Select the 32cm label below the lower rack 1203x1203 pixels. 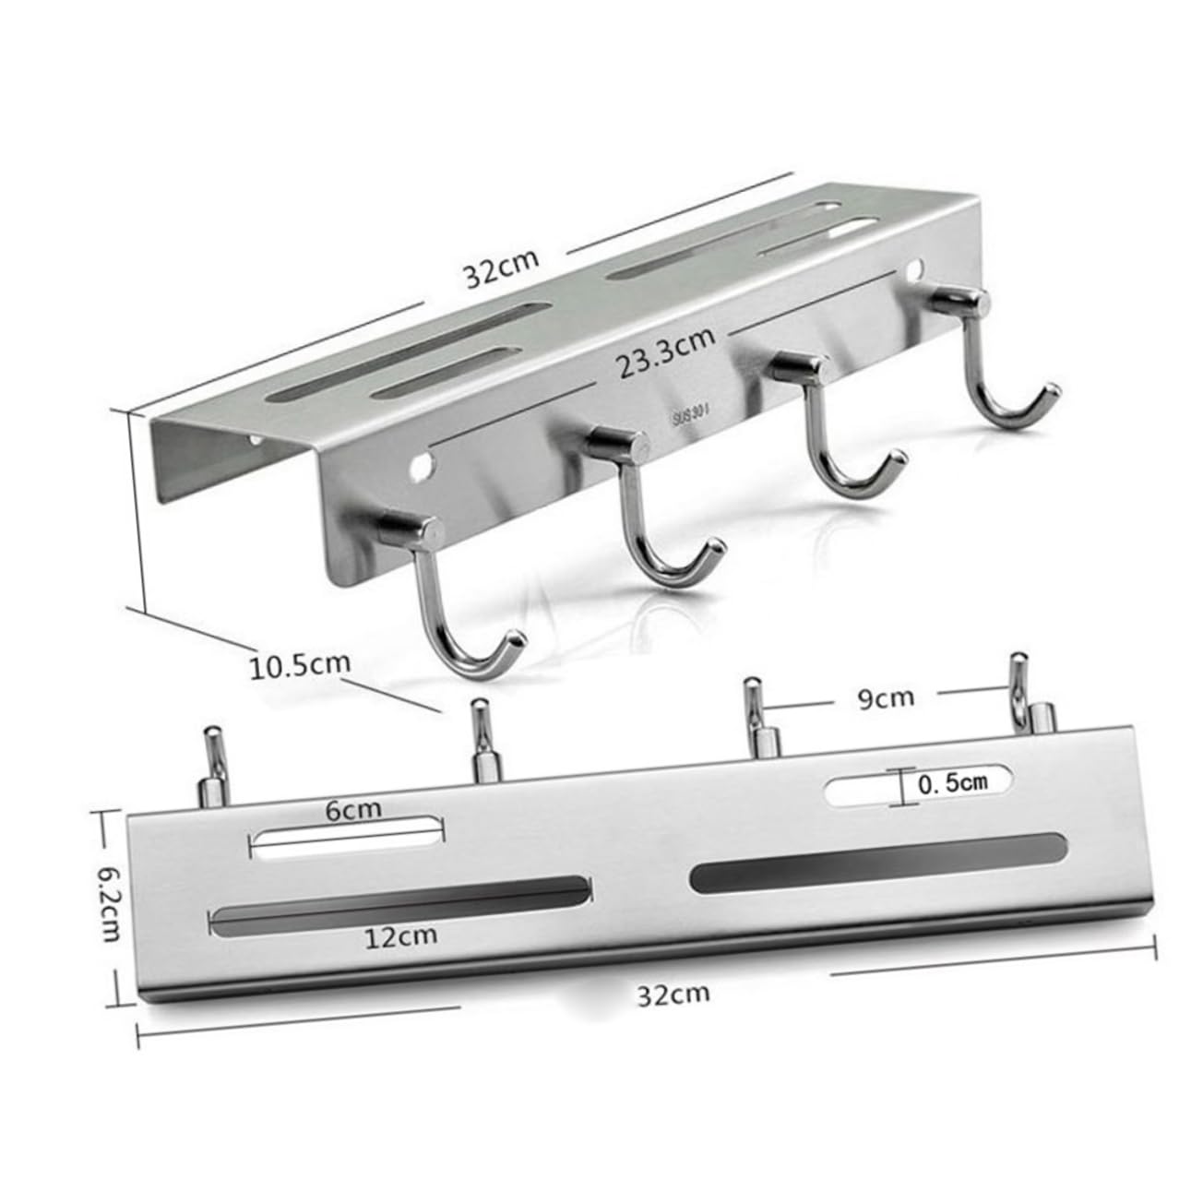coord(673,994)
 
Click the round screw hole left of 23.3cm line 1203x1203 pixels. coord(423,464)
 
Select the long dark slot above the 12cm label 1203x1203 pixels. coord(399,901)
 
